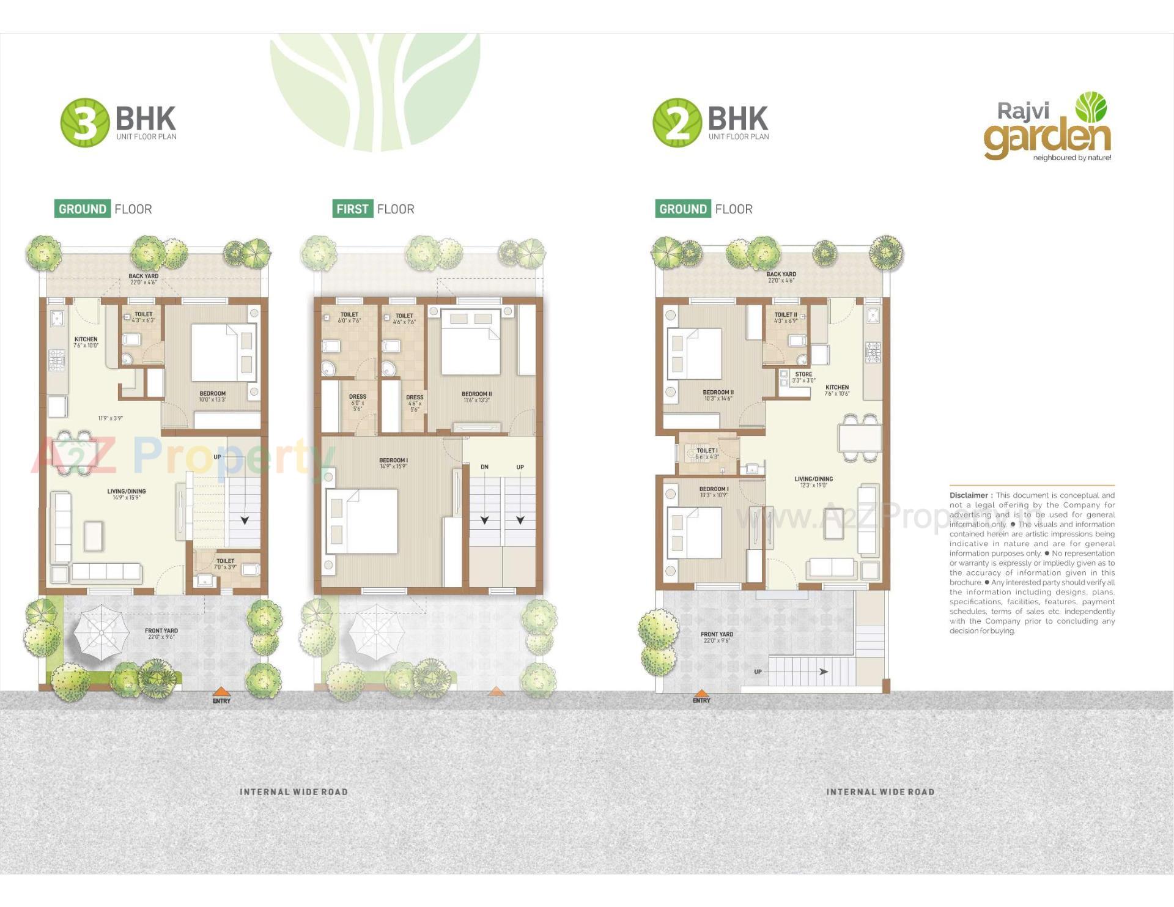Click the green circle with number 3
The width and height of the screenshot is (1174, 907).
(84, 122)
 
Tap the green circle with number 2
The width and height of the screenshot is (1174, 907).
(677, 122)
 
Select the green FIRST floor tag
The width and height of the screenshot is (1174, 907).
(352, 209)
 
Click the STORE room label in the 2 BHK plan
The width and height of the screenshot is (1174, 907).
(803, 377)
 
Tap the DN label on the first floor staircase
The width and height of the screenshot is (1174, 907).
(484, 467)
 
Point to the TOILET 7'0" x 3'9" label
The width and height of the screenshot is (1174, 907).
(225, 563)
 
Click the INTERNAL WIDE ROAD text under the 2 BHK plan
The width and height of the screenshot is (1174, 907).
(880, 792)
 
